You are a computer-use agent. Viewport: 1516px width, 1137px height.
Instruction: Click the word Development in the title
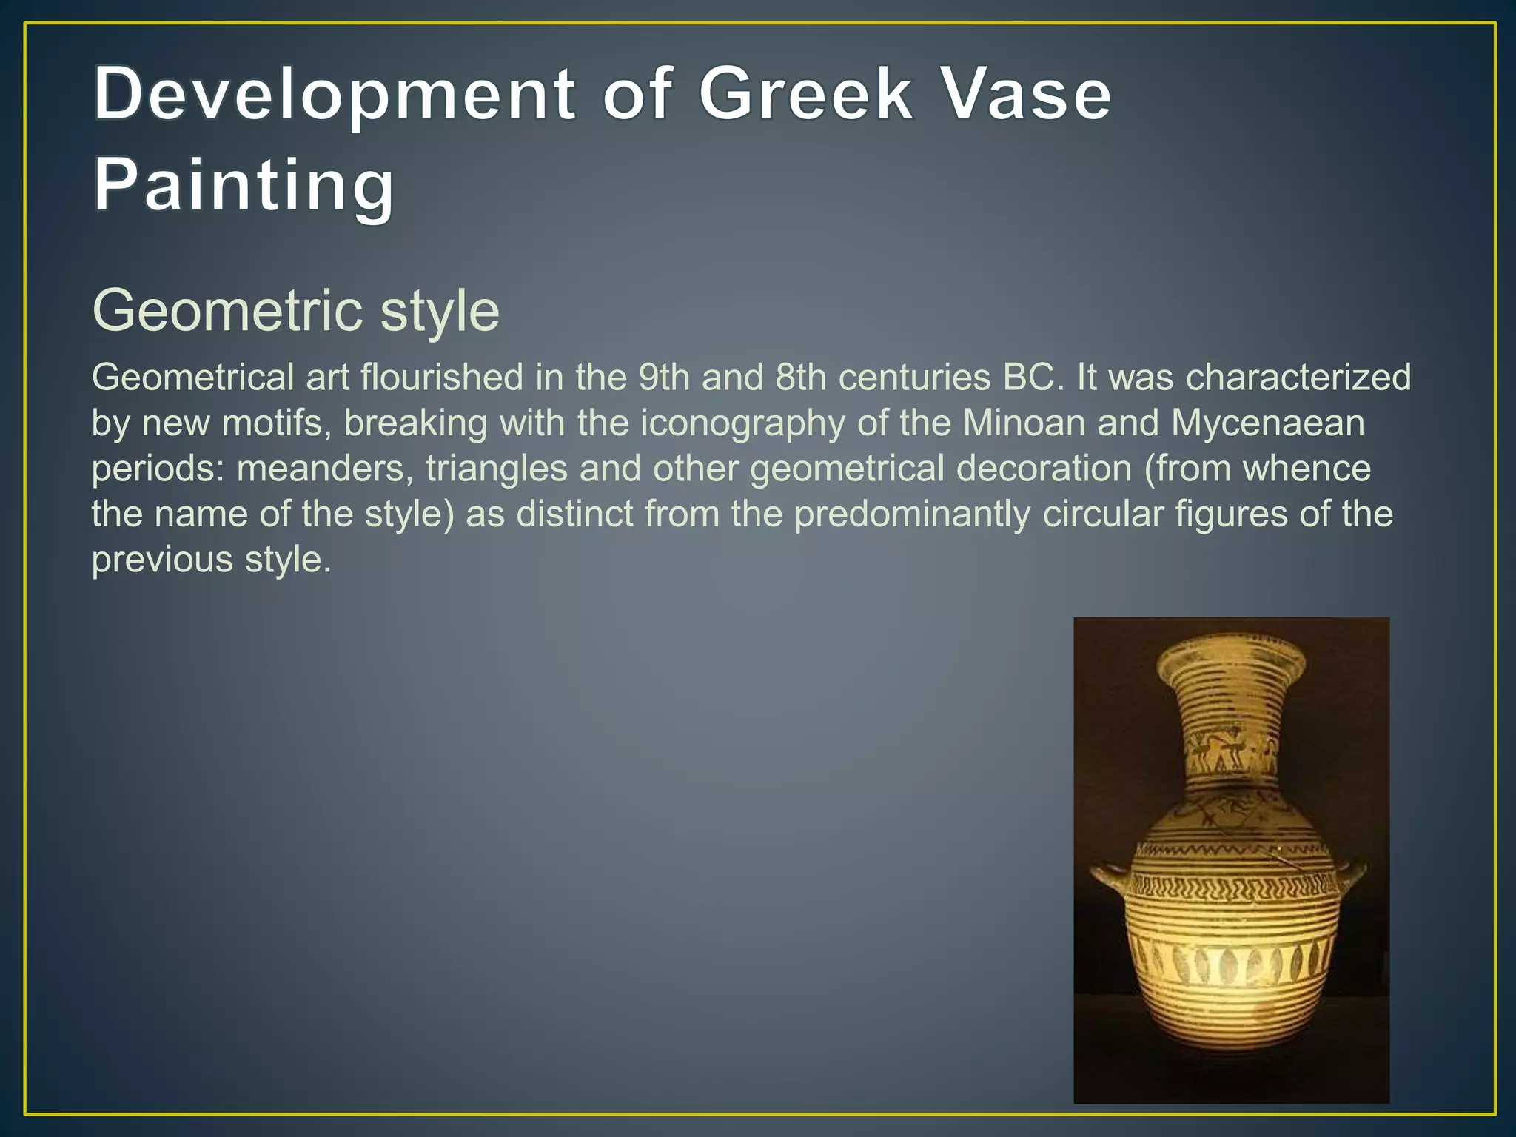334,94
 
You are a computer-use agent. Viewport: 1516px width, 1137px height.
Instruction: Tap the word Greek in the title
806,94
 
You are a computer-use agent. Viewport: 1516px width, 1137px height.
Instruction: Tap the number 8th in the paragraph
801,378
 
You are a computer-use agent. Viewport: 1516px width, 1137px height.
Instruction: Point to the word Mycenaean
1267,423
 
